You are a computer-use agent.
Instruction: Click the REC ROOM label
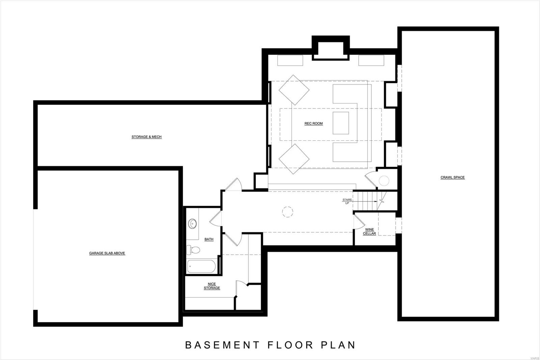[x=314, y=123]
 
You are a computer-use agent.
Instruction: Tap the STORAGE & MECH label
[x=146, y=137]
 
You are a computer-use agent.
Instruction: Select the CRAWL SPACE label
[x=452, y=177]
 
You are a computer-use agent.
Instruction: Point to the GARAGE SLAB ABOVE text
[x=107, y=253]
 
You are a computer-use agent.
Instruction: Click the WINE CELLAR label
[x=369, y=231]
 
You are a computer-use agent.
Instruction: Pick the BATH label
[x=209, y=239]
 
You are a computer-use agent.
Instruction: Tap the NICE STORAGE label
[x=212, y=286]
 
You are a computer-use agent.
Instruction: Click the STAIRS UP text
[x=347, y=201]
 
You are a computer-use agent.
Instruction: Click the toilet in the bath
[x=193, y=250]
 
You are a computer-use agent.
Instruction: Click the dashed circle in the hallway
[x=288, y=212]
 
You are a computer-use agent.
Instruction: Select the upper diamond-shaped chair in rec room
[x=294, y=90]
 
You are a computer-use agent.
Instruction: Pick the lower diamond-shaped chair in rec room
[x=294, y=159]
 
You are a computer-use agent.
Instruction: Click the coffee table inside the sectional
[x=341, y=123]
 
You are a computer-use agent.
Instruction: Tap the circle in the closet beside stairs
[x=384, y=181]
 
